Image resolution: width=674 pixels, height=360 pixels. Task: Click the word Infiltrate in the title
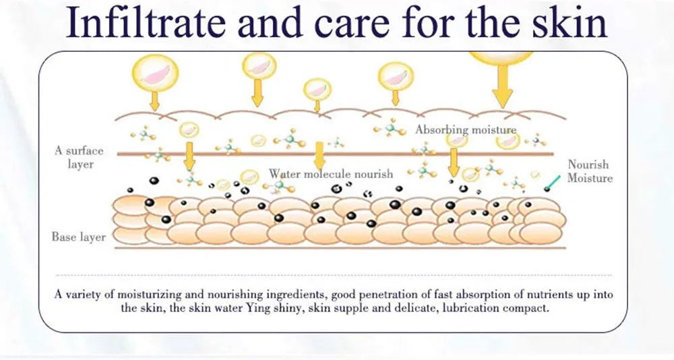pyautogui.click(x=146, y=22)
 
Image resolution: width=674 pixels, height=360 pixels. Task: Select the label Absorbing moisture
pyautogui.click(x=466, y=129)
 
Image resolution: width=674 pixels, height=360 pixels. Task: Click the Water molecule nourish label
pyautogui.click(x=331, y=174)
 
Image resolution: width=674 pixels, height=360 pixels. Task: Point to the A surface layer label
pyautogui.click(x=80, y=157)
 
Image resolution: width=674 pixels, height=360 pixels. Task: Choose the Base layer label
pyautogui.click(x=79, y=237)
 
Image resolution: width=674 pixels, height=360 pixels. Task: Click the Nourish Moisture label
pyautogui.click(x=589, y=171)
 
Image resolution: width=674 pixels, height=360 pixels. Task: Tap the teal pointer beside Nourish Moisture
pyautogui.click(x=553, y=183)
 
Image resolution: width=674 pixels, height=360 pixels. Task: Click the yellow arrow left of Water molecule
pyautogui.click(x=189, y=156)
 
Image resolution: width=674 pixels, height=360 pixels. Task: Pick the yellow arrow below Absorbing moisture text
pyautogui.click(x=453, y=162)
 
